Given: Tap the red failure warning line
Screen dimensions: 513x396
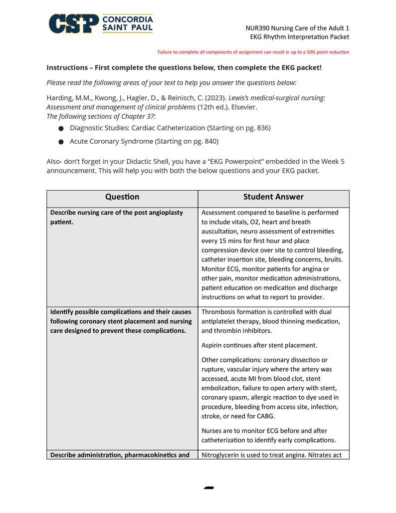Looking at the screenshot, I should pos(253,52).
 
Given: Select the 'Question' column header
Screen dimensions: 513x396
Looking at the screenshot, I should pos(122,197).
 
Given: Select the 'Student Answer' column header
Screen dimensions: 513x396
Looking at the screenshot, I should pos(273,197).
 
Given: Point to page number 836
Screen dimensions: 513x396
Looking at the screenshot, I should pos(262,128).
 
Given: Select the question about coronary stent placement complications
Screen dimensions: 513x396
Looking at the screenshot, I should pos(120,321).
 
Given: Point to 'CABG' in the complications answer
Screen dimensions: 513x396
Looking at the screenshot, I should pos(264,416).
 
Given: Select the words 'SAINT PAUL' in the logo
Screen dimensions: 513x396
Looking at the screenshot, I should pos(127,28).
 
